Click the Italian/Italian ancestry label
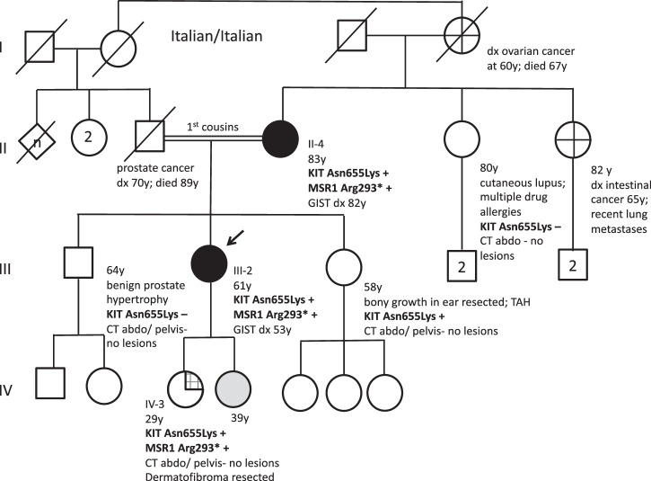[215, 36]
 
